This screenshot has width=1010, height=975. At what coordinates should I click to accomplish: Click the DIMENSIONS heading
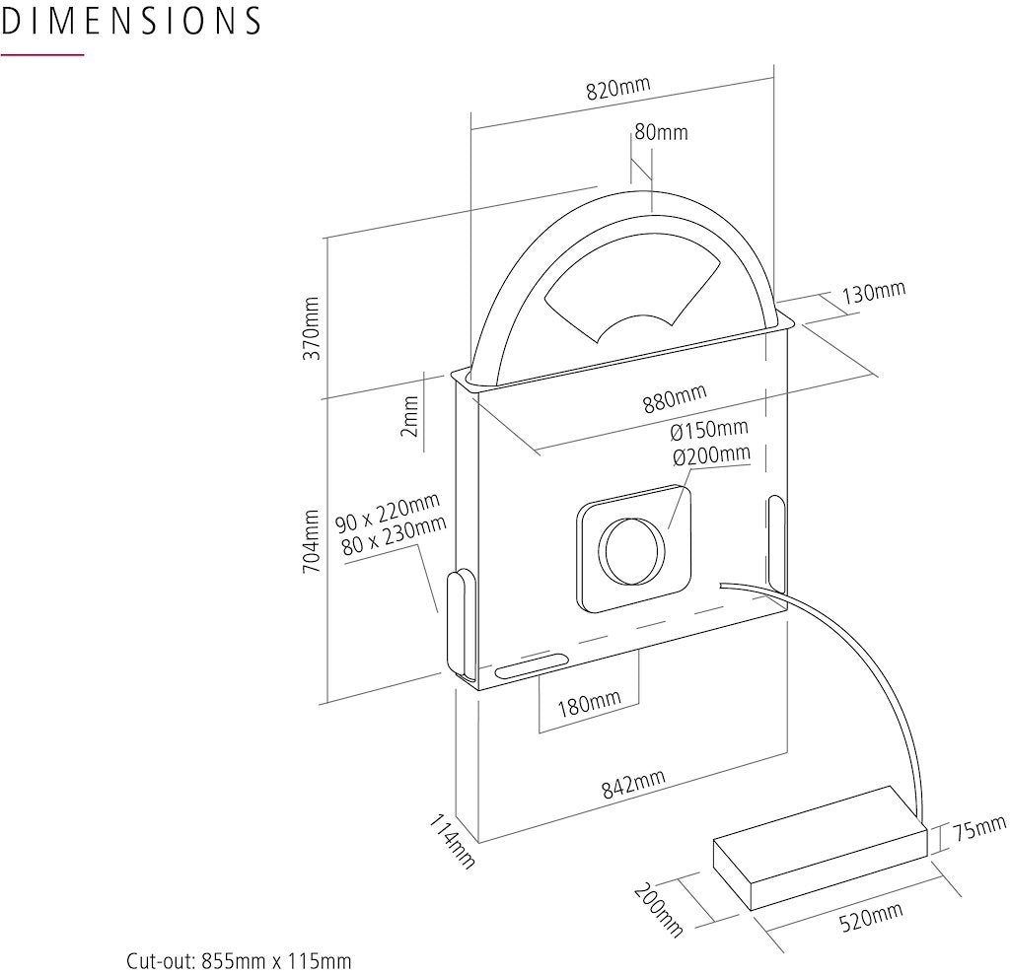coord(131,21)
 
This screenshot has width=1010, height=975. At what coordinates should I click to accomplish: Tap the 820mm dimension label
coord(618,89)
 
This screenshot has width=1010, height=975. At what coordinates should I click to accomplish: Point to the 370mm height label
coord(312,326)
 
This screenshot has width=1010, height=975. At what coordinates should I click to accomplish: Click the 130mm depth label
coord(873,293)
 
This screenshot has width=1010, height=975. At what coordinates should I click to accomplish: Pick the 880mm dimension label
coord(675,399)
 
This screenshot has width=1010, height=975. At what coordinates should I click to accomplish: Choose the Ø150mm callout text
coord(709,430)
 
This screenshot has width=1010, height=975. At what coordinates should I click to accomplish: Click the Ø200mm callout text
coord(710,455)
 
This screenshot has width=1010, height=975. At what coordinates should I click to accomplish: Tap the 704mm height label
coord(312,541)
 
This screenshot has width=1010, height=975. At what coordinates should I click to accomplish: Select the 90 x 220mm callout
coord(387,512)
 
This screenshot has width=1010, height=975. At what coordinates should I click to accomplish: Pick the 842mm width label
coord(633,785)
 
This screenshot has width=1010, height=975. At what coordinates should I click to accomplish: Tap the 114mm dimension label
coord(453,841)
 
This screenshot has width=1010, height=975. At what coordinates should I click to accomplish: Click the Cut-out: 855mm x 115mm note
coord(239,961)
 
